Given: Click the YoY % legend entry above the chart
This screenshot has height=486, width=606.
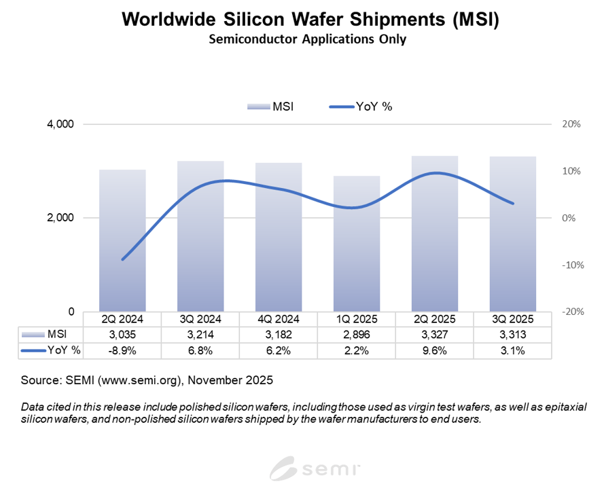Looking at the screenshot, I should [361, 107].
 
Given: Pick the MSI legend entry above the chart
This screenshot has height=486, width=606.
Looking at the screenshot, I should [270, 107].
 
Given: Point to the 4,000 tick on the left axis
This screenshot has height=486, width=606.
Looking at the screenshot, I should [60, 124].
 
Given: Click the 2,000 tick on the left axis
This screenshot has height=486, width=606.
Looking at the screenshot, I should [60, 218].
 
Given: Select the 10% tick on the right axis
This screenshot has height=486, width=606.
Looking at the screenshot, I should [571, 171].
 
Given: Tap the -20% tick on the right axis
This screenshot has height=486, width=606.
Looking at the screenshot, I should [570, 312].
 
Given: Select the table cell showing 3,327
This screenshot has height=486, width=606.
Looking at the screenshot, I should [435, 335].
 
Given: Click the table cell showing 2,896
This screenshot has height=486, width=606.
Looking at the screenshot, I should [357, 335].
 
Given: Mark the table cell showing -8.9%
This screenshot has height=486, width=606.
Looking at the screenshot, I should [122, 350].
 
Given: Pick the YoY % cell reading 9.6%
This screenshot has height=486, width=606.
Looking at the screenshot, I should [435, 350].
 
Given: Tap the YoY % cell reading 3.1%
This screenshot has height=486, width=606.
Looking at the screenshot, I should [513, 350].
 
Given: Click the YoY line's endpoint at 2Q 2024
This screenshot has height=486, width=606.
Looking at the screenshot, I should [122, 259].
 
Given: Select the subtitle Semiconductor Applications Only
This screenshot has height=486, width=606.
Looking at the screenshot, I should [307, 39].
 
